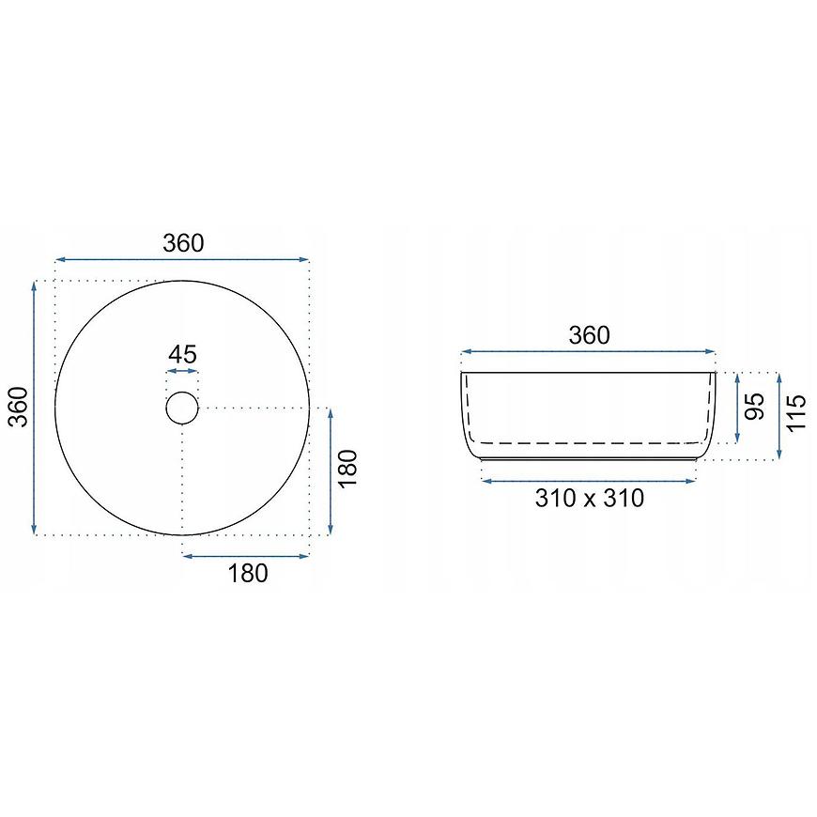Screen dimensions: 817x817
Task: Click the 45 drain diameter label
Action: coord(182,354)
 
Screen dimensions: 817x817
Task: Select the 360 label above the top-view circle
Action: coord(183,243)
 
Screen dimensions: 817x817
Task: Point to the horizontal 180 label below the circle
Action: coord(248,573)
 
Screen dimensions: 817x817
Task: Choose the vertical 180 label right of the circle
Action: coord(348,469)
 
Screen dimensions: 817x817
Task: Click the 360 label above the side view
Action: coord(589,335)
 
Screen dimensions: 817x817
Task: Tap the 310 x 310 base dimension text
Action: coord(590,498)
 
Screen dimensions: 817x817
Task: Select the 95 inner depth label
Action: coord(754,407)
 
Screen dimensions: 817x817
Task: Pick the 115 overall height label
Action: coord(796,413)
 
